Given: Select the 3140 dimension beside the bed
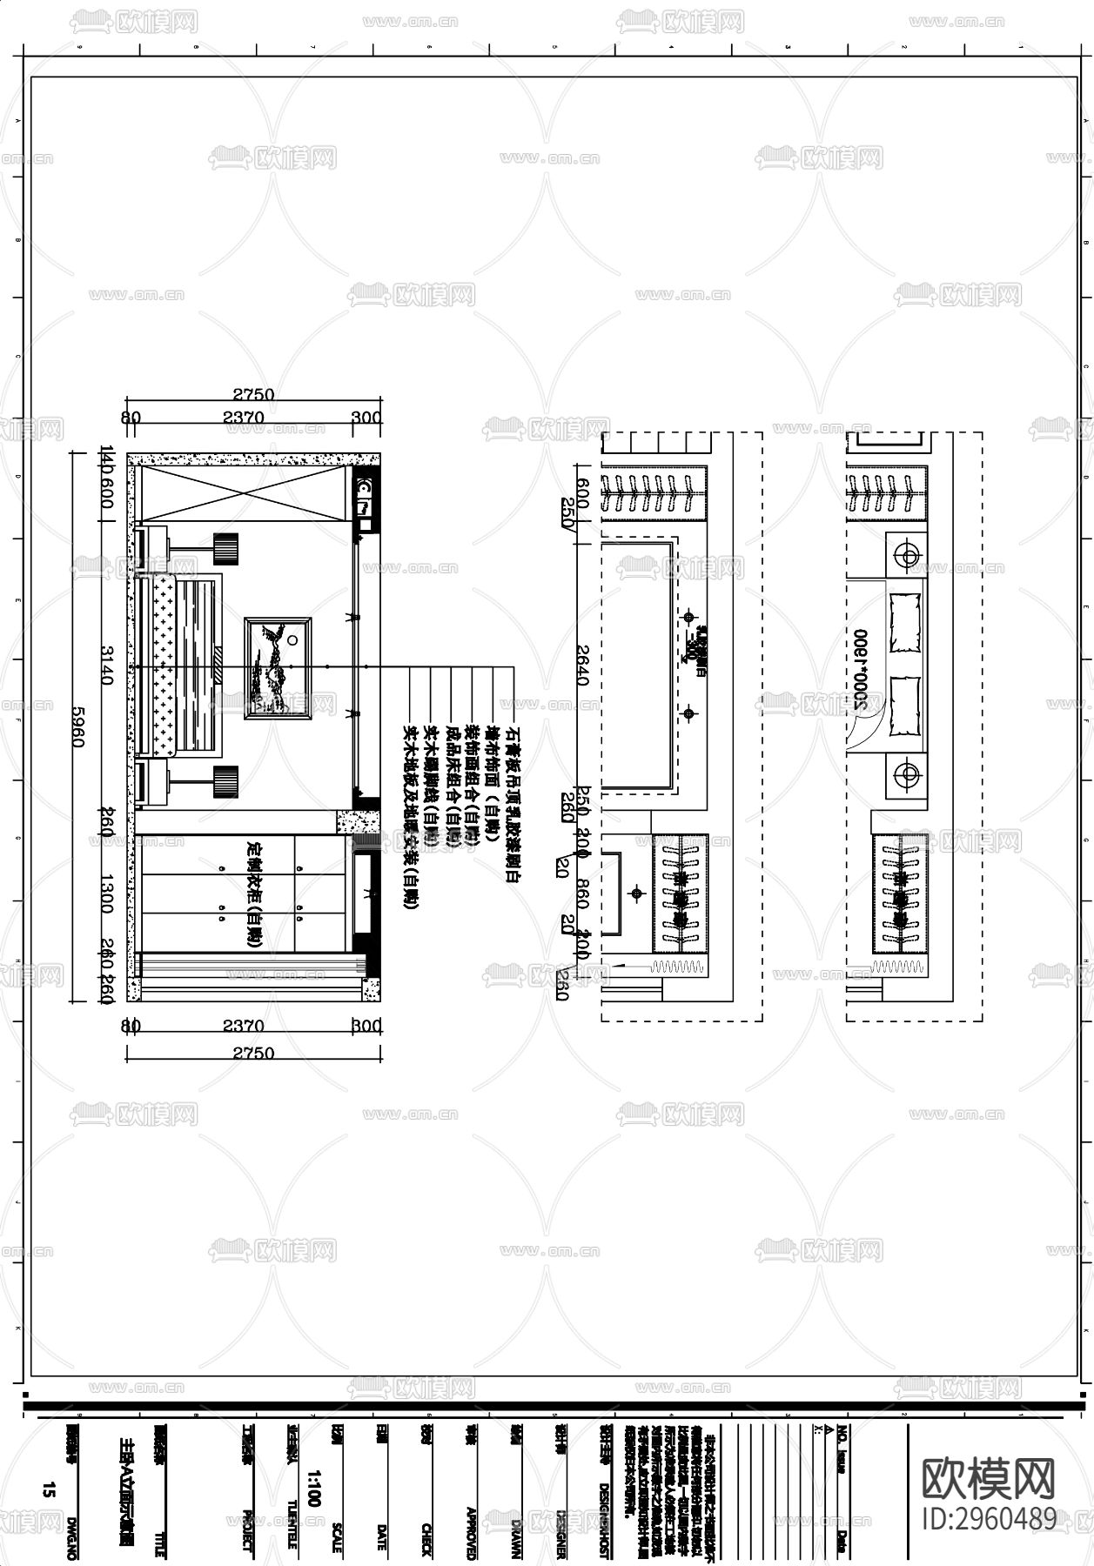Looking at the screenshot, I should click(106, 665).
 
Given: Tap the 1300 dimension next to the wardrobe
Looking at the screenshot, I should click(106, 894).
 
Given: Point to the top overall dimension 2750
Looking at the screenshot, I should click(252, 394).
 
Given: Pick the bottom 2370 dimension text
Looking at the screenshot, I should click(244, 1027).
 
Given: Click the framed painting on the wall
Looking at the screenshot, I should click(279, 667).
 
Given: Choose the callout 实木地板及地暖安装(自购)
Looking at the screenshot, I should click(410, 819).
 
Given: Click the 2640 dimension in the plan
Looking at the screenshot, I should click(582, 665).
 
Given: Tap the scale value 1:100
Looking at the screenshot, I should click(313, 1489).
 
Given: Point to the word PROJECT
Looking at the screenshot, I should click(246, 1533).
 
